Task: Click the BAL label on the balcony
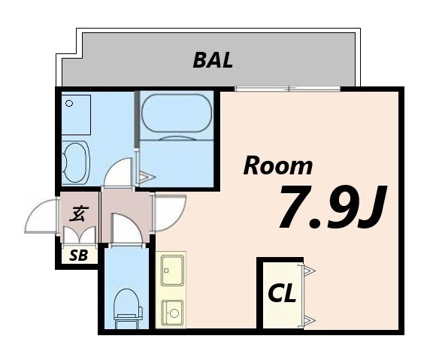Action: pos(213,60)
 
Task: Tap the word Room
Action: pos(277,166)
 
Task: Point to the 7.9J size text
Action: pos(333,207)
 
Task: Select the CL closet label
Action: pos(282,293)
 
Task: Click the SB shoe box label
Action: pos(79,255)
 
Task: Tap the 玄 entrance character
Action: pos(79,213)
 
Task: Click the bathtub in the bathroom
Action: pos(176,116)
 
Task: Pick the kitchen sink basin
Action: pos(172,270)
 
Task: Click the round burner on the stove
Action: pos(174,313)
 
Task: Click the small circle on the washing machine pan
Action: pos(69,104)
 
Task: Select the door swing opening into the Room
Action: pos(170,213)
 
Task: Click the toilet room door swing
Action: pos(127,228)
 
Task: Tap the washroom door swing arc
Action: pos(117,171)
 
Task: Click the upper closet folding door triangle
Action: pos(309,271)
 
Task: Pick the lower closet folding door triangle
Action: pos(309,319)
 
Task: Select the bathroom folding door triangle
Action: pos(146,177)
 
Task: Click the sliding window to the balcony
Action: pos(288,89)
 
